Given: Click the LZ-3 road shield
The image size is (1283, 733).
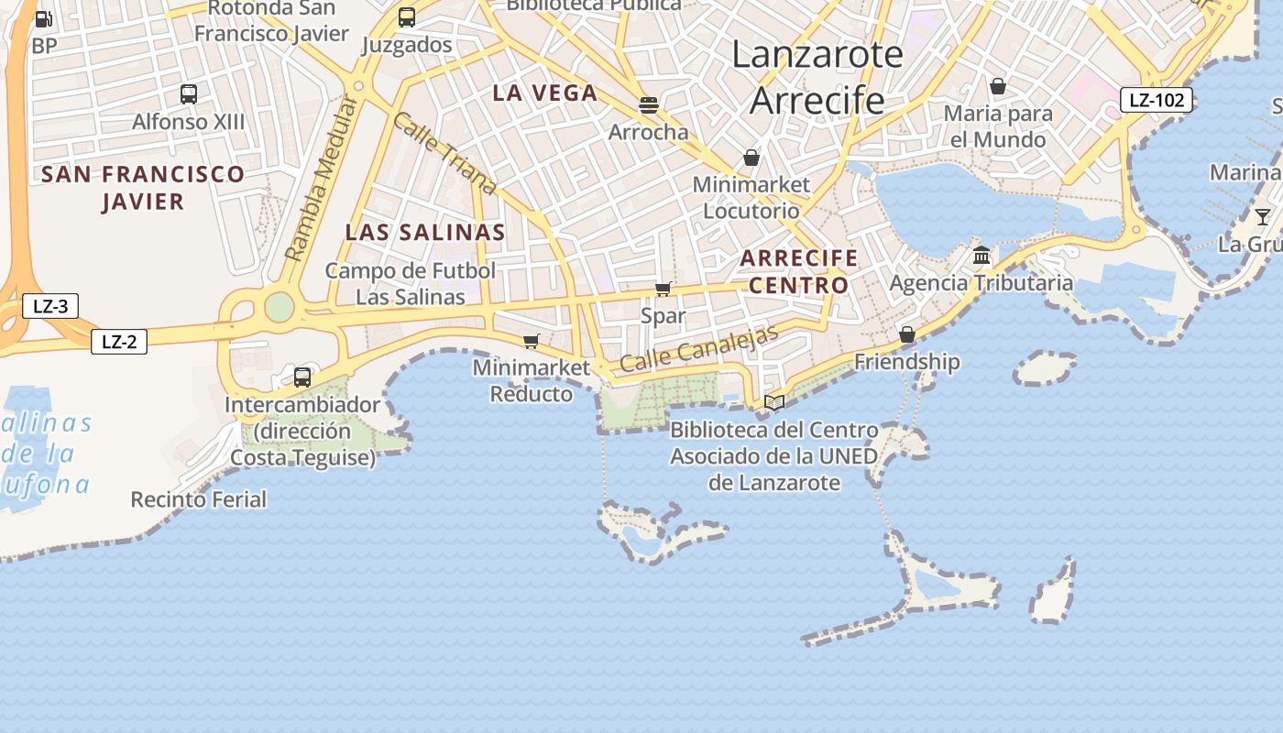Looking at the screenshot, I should click(x=50, y=306).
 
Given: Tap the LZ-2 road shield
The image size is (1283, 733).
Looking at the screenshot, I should click(x=119, y=342).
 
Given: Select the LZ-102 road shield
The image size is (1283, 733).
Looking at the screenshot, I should click(x=1157, y=100).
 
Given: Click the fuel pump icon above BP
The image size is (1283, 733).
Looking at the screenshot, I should click(x=43, y=18).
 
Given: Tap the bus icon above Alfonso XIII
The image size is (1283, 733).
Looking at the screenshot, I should click(x=189, y=93).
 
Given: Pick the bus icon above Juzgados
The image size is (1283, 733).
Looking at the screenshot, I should click(x=407, y=16).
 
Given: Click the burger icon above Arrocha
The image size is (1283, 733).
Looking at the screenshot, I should click(x=649, y=104).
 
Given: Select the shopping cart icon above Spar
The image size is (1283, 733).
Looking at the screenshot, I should click(x=663, y=290).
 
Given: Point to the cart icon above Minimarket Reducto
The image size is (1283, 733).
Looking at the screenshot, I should click(x=531, y=341).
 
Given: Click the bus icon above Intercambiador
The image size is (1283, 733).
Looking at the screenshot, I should click(x=302, y=377).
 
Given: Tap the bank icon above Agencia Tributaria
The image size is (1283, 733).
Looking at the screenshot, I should click(x=981, y=254).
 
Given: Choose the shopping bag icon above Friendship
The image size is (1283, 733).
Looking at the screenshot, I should click(x=907, y=334).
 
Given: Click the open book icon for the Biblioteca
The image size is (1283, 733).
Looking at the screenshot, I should click(x=774, y=402).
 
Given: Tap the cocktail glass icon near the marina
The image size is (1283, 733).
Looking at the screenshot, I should click(x=1263, y=216).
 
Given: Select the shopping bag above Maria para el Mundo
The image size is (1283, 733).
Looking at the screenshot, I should click(x=998, y=86).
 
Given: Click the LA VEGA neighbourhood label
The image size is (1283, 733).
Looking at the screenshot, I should click(x=545, y=93).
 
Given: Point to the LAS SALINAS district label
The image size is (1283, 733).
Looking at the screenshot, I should click(x=425, y=232).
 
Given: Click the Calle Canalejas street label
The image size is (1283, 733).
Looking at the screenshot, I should click(x=698, y=348).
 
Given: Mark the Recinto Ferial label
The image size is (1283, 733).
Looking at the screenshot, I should click(x=199, y=499).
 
